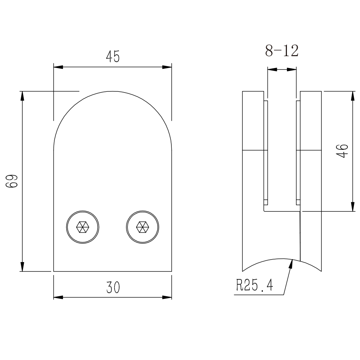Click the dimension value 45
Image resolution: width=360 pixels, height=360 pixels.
pos(113,57)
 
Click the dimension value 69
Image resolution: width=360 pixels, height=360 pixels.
pos(12,181)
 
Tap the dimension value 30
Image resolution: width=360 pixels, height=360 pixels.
pos(113,287)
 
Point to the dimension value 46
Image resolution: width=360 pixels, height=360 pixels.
pos(342,151)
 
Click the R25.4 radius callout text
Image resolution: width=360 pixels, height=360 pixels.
pos(255,285)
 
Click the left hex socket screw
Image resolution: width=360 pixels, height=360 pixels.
pos(83,227)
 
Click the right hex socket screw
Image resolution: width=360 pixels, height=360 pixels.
pos(143,227)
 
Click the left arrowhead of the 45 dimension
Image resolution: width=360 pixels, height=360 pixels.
pos(58,67)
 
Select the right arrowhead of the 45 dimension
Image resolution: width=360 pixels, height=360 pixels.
pos(167,67)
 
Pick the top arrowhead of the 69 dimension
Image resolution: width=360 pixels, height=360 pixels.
pos(22,96)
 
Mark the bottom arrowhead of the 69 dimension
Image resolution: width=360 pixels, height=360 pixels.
pos(22,266)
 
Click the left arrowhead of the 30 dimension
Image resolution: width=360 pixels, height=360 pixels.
pos(58,297)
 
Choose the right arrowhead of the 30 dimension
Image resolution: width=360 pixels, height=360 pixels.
pos(167,297)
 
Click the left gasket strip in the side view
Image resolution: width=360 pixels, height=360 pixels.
pos(266,152)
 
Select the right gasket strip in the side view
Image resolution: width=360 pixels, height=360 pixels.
pos(298,152)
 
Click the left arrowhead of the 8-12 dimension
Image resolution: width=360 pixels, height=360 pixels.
pos(272,69)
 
